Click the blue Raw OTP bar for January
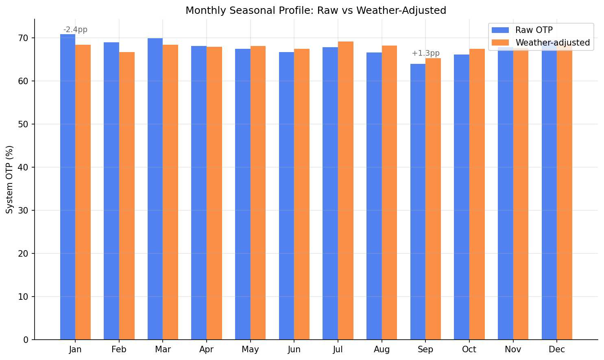coord(68,187)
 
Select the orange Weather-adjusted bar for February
coord(127,195)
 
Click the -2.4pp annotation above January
coord(75,30)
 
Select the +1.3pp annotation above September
coord(425,53)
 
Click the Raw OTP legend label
coord(534,30)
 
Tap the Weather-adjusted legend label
coord(552,43)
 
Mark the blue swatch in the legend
coord(500,30)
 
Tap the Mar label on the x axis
coord(163,350)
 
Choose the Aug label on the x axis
coord(382,350)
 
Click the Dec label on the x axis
coord(557,350)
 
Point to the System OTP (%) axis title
coord(10,179)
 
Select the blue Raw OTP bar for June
coord(286,196)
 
